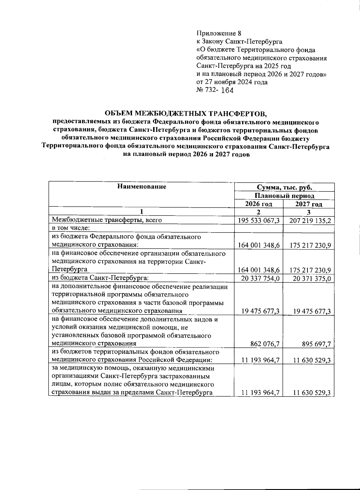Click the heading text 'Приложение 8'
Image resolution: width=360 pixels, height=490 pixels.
click(x=219, y=33)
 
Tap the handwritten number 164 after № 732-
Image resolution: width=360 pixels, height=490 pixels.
click(x=227, y=90)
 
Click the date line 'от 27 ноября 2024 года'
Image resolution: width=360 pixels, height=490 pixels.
click(x=232, y=82)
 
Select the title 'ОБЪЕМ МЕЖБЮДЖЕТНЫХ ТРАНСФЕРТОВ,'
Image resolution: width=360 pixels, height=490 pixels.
click(x=185, y=113)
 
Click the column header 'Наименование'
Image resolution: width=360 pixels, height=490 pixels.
click(x=142, y=187)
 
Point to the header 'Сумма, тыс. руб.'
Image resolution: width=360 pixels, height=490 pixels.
click(x=284, y=188)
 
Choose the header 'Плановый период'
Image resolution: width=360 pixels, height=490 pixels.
click(x=284, y=196)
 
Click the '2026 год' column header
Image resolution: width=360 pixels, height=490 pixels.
click(x=259, y=204)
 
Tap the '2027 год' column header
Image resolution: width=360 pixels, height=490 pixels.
click(x=309, y=204)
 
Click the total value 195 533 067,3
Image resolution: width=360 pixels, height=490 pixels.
click(x=259, y=221)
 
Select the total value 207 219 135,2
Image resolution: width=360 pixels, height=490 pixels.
click(x=310, y=221)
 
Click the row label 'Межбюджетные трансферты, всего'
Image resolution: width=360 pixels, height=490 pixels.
click(x=107, y=220)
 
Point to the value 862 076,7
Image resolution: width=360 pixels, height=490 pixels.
click(x=265, y=344)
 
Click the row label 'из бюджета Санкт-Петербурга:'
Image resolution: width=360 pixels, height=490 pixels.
click(x=100, y=278)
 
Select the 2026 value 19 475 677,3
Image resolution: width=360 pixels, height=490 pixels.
click(x=261, y=311)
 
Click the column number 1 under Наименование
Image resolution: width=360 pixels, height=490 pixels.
click(x=142, y=212)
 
